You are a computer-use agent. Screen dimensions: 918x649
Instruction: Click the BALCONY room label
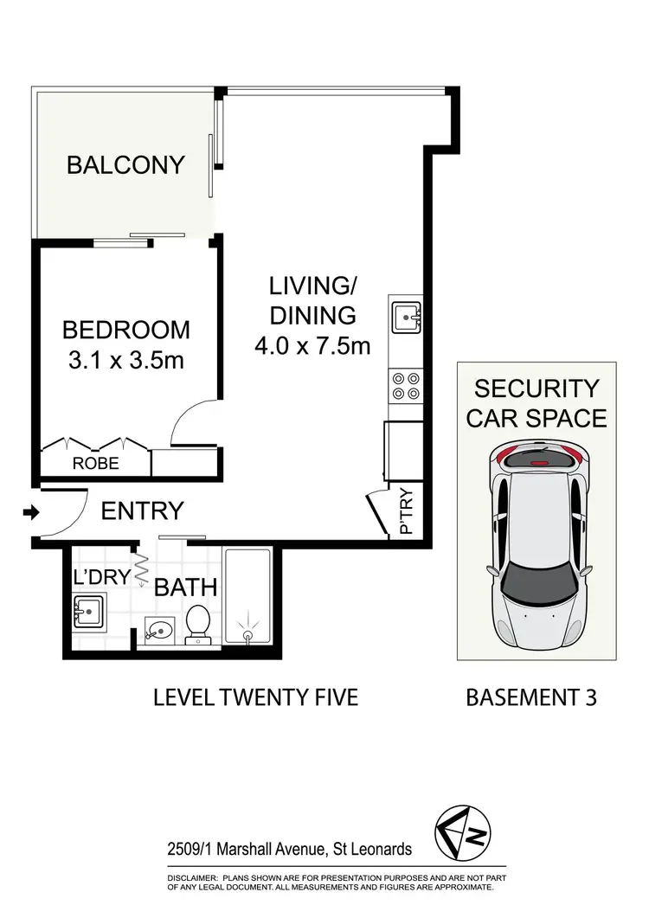coord(125,164)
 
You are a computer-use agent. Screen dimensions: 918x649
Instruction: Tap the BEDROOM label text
coord(125,330)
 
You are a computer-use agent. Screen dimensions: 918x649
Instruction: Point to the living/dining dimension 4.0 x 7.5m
coord(312,346)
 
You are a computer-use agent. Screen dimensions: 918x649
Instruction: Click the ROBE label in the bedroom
coord(95,464)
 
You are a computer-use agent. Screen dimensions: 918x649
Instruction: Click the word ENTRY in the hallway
coord(142,511)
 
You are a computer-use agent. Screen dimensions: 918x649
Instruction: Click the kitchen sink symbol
coord(406,318)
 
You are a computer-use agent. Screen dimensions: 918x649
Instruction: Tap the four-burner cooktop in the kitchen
coord(406,384)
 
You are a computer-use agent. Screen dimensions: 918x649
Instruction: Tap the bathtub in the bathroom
coord(249,597)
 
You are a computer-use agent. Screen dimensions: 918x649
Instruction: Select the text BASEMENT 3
coord(531,697)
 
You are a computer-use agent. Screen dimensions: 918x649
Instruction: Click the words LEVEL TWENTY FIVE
coord(255,697)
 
